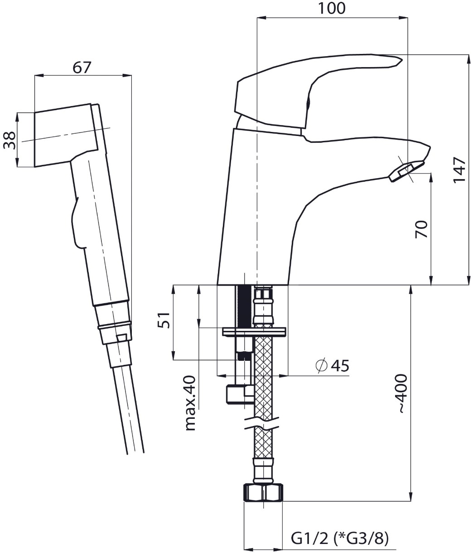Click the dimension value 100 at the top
pos(332,8)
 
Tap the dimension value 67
pos(82,68)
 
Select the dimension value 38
pos(10,140)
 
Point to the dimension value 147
pos(459,170)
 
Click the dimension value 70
pos(421,229)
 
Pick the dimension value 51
pos(164,320)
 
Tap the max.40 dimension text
pos(190,403)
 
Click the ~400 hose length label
pos(402,393)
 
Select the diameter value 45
pos(340,365)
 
